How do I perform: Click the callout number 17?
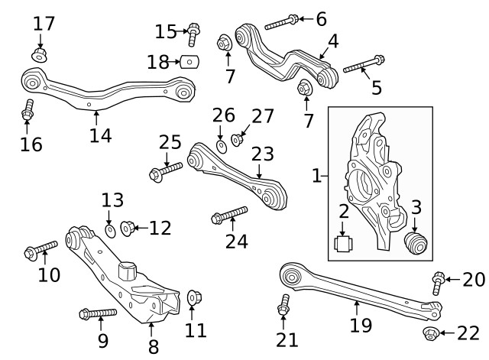click(44, 24)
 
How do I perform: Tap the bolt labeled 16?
click(28, 110)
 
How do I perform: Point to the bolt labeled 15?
click(193, 34)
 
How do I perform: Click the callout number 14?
click(100, 135)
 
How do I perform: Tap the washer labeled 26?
click(220, 145)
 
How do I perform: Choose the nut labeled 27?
click(238, 140)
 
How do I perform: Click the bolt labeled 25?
click(166, 170)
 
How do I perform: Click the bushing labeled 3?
click(416, 243)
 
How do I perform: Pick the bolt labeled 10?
click(41, 249)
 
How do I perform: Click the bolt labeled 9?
click(97, 313)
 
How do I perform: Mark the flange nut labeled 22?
click(431, 333)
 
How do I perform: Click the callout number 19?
click(361, 325)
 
